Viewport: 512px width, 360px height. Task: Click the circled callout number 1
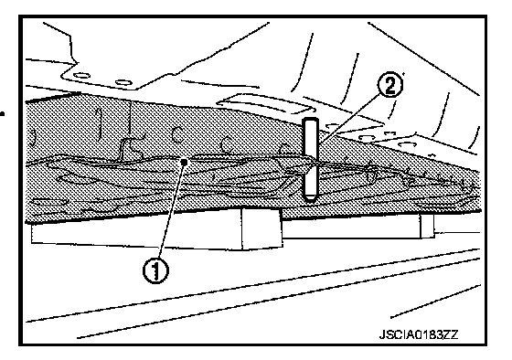[x=156, y=270]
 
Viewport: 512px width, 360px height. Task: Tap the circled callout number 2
[x=389, y=85]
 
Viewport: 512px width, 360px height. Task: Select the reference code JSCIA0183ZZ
[x=419, y=334]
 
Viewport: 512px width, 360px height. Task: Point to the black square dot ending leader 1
[x=185, y=162]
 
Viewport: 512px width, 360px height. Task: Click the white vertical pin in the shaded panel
[x=310, y=160]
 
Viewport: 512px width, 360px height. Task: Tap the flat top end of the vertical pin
[x=310, y=119]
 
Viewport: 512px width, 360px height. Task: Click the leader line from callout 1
[x=171, y=211]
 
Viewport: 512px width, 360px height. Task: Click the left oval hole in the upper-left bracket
[x=82, y=76]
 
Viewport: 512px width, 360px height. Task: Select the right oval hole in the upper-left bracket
[x=124, y=82]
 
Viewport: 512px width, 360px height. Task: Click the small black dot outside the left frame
[x=3, y=114]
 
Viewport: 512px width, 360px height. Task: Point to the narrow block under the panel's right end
[x=427, y=225]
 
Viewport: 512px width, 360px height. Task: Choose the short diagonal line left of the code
[x=435, y=301]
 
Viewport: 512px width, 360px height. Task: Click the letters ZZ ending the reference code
[x=452, y=334]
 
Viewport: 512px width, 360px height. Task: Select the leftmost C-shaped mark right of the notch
[x=177, y=134]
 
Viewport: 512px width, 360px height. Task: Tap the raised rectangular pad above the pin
[x=265, y=104]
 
